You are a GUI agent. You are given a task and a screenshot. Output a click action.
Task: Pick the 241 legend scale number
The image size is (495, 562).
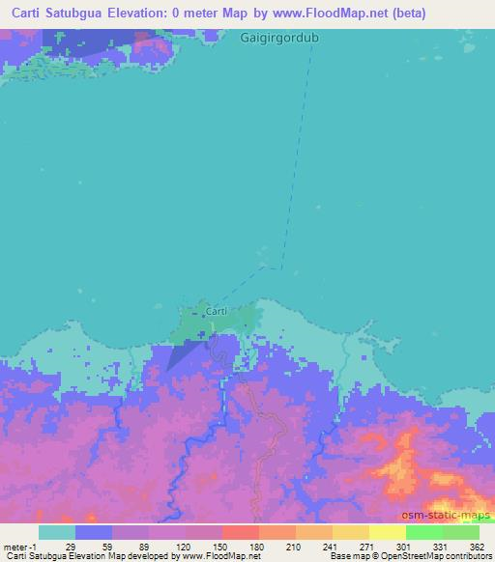[331, 546]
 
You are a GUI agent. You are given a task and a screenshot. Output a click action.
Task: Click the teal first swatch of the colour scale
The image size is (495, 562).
[57, 532]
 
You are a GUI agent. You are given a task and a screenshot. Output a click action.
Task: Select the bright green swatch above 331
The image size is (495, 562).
[423, 532]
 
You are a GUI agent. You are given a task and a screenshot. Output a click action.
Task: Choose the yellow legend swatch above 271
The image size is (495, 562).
[350, 532]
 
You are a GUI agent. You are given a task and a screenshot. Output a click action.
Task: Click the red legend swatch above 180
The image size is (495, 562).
[240, 532]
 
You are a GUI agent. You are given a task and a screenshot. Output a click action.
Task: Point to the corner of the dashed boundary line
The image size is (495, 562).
[282, 267]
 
